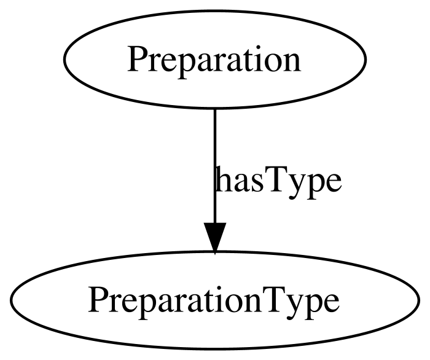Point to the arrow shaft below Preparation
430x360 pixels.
[215, 165]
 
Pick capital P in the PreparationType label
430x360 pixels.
[100, 300]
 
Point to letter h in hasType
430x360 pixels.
[222, 179]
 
